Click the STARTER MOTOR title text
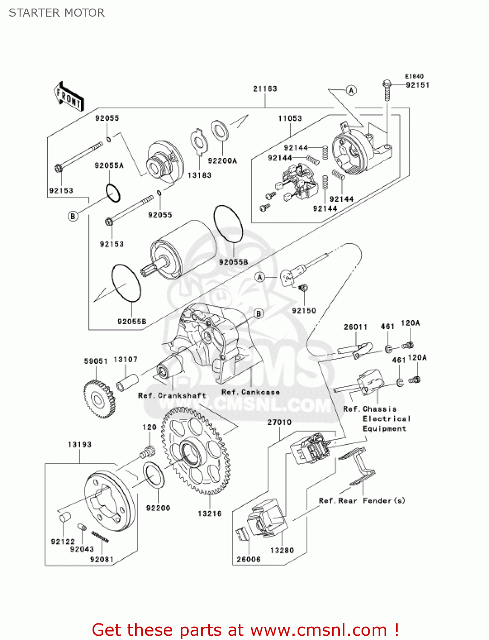pos(57,13)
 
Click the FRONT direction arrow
pos(68,97)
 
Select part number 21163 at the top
pos(265,89)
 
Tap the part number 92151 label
pos(417,85)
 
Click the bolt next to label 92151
pos(387,90)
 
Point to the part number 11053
pos(290,118)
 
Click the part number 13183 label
pos(200,175)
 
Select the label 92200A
pos(222,161)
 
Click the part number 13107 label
pos(125,360)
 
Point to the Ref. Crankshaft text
pos(172,396)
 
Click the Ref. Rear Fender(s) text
pos(362,500)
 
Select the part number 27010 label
pos(279,422)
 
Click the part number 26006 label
pos(249,559)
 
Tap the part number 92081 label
pos(102,559)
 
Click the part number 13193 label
pos(80,445)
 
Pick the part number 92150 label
pos(304,311)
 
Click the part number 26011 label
pos(356,327)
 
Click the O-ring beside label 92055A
pos(113,193)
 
